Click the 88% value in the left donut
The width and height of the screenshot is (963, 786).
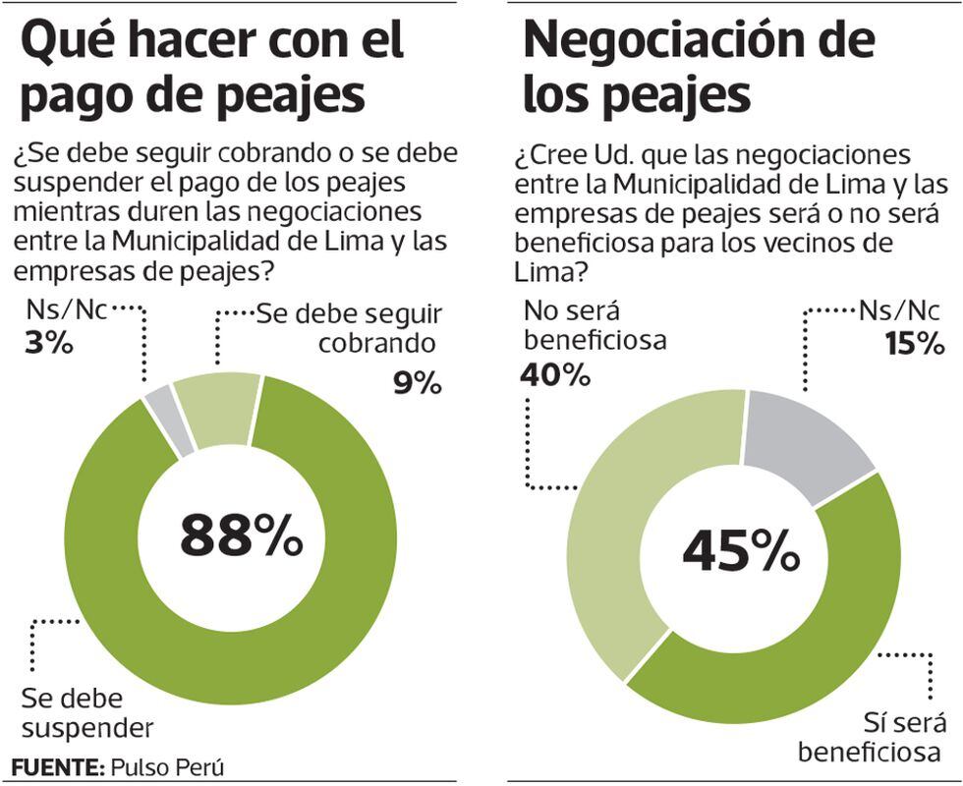(241, 536)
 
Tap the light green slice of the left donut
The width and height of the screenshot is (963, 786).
(216, 408)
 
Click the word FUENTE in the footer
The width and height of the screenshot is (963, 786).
(57, 766)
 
